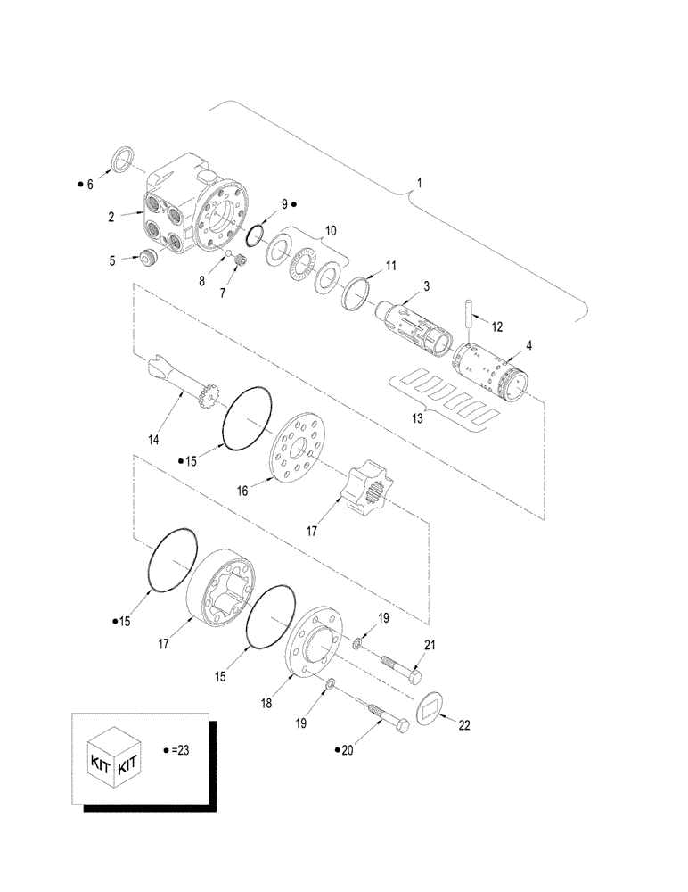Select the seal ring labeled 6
pyautogui.click(x=122, y=161)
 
